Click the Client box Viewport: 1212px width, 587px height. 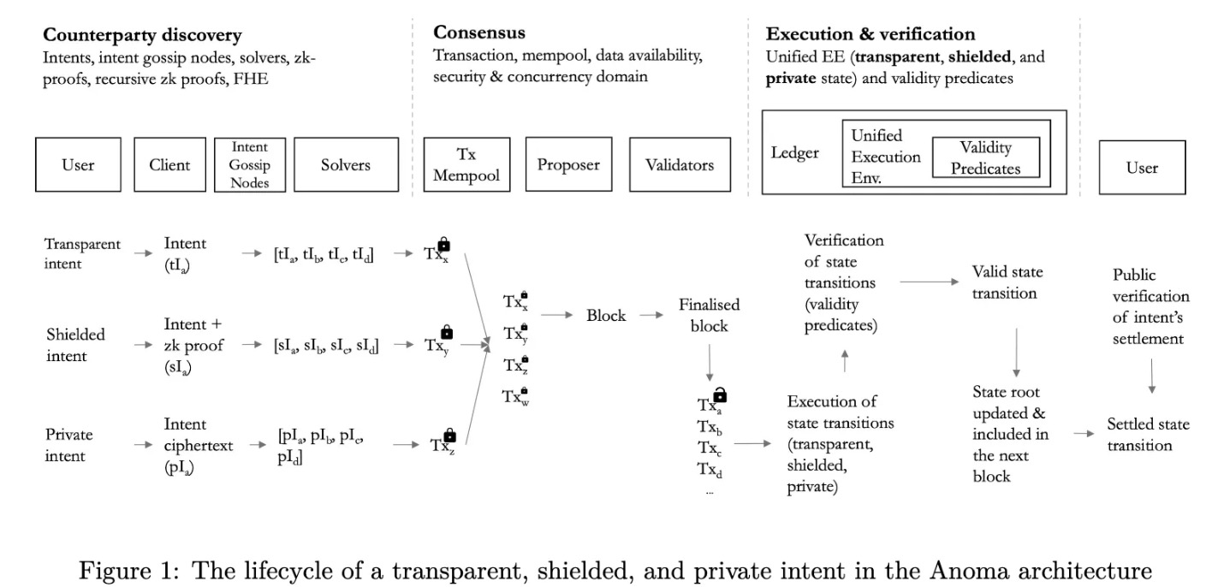pos(169,164)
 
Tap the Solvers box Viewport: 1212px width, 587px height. pos(346,164)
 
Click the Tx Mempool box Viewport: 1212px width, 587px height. pos(462,164)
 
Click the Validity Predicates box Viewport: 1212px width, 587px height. pos(985,157)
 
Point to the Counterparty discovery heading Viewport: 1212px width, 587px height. pos(142,36)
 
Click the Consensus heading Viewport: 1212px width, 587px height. pos(479,33)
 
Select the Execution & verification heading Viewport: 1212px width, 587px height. pos(870,35)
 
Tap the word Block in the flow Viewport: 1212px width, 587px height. pos(606,315)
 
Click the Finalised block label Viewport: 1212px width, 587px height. pos(709,315)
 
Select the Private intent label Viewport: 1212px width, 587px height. pos(68,445)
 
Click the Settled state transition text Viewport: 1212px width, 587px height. pos(1147,434)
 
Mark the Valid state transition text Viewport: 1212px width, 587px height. pos(1007,282)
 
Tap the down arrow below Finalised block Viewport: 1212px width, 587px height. pos(709,364)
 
